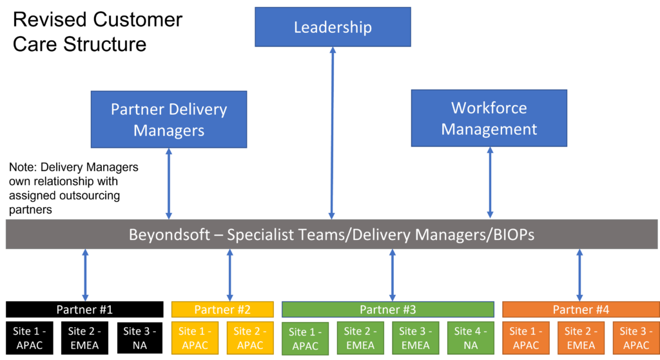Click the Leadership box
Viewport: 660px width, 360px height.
333,27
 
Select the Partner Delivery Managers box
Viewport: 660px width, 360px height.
169,119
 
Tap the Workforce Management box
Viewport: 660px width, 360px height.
489,118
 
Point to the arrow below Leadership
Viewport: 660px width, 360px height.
333,132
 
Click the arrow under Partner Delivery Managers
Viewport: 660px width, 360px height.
169,183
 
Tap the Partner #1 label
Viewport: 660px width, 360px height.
84,309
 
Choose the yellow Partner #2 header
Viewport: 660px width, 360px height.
222,309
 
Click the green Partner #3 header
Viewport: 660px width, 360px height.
388,309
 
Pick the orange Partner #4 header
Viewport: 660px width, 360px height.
581,309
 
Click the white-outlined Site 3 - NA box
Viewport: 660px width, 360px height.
140,338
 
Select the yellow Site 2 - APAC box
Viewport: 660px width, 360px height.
250,338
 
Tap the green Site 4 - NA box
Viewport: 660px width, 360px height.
471,338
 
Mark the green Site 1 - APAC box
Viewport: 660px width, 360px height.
306,339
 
